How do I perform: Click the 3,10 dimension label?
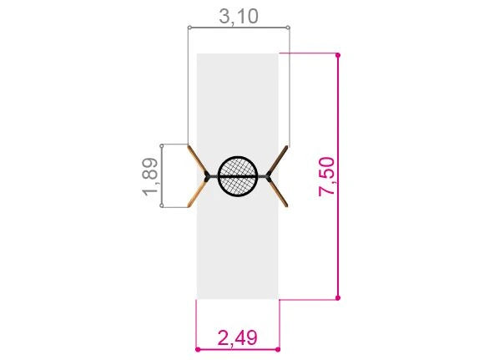tap(239, 16)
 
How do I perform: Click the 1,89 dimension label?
tap(150, 176)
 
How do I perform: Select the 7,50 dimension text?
tap(326, 176)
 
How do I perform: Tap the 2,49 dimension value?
tap(237, 337)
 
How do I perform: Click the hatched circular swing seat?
tap(239, 176)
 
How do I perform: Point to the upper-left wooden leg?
tap(197, 160)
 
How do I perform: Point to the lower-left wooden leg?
tap(197, 192)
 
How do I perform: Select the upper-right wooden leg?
tap(278, 160)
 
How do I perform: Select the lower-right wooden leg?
tap(278, 192)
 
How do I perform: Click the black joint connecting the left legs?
tap(207, 176)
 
